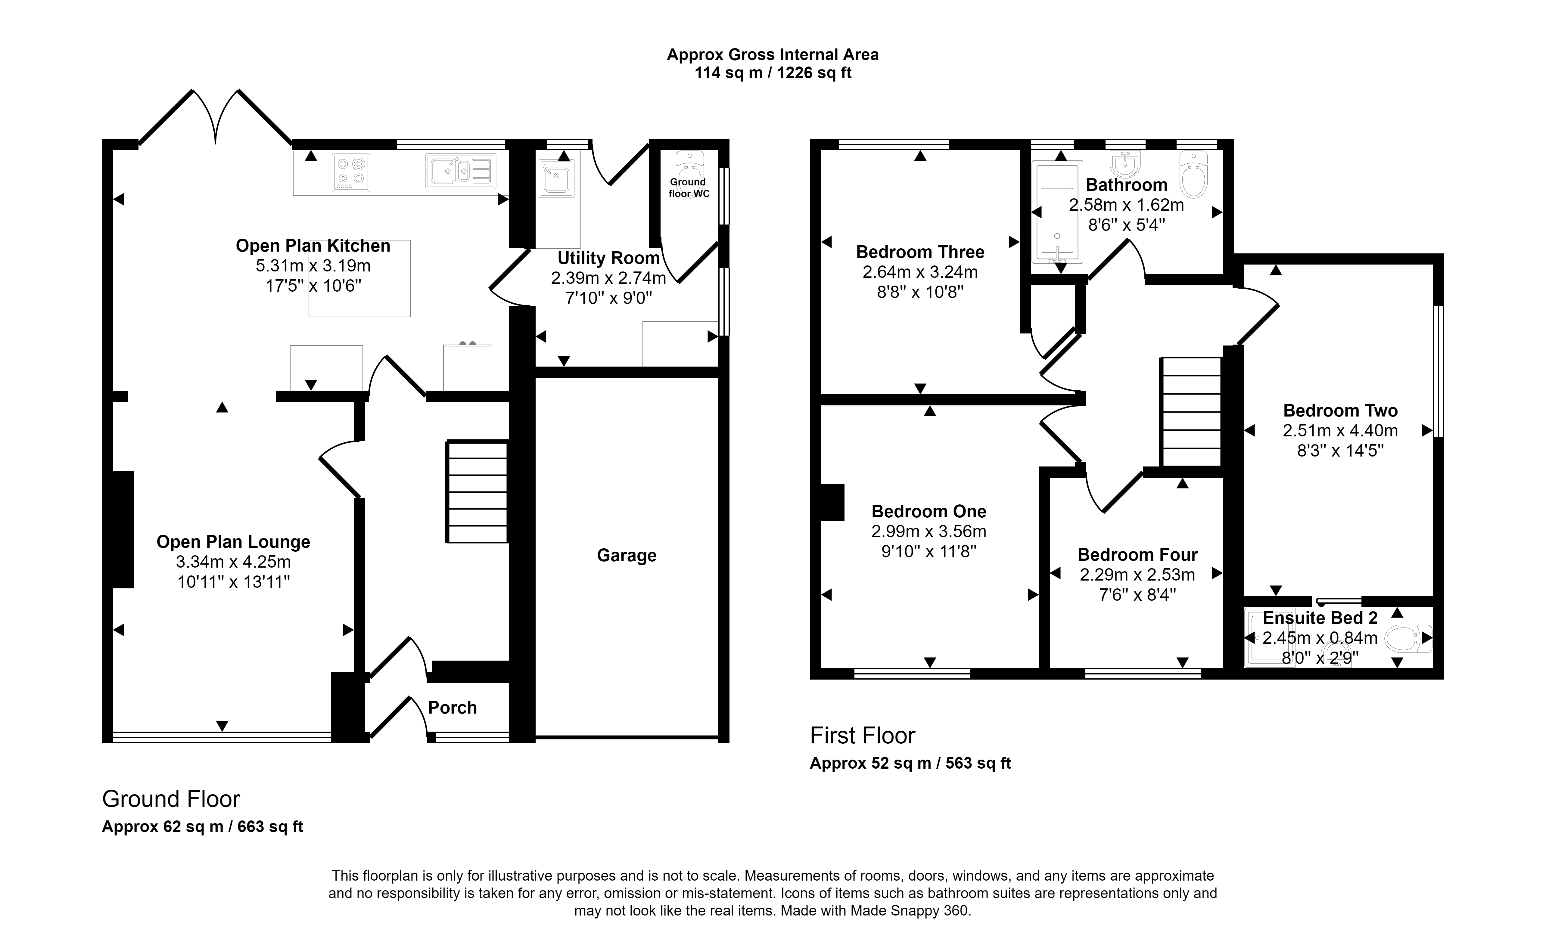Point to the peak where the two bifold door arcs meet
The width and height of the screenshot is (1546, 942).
tap(216, 143)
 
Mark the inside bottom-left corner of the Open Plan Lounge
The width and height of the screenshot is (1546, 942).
tap(113, 731)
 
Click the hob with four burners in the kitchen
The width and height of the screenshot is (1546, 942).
tap(351, 172)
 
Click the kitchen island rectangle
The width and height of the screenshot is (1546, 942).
tap(359, 278)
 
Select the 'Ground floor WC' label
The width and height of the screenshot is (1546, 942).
tap(688, 188)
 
